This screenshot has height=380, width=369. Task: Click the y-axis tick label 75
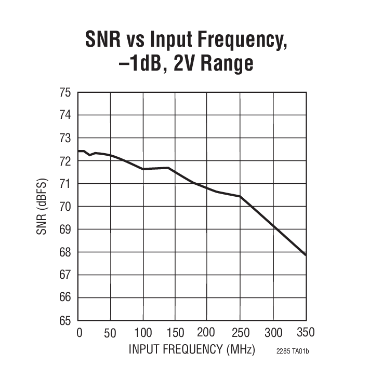[x=64, y=93]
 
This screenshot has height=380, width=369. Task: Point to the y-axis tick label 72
[x=64, y=161]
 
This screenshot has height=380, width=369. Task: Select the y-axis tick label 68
[x=64, y=252]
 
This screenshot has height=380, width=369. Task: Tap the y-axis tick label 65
[x=64, y=320]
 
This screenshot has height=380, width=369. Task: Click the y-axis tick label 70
[x=64, y=207]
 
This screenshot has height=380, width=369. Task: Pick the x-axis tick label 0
[x=79, y=332]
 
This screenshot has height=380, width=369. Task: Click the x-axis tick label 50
[x=110, y=332]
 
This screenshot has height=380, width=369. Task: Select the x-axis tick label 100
[x=142, y=332]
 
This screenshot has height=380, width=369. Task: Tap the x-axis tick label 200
[x=206, y=332]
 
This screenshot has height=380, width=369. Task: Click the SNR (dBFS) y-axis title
[x=42, y=207]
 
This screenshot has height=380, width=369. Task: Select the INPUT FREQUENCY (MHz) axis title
[x=192, y=349]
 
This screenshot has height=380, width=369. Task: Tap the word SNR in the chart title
[x=106, y=40]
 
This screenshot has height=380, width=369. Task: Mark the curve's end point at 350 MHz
[x=305, y=255]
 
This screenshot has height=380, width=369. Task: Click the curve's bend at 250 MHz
[x=240, y=196]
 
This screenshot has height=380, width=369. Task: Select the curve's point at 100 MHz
[x=143, y=169]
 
